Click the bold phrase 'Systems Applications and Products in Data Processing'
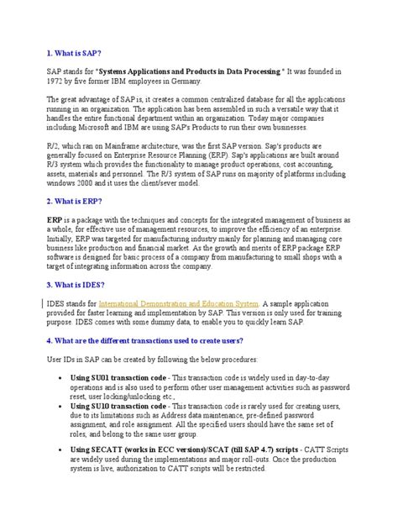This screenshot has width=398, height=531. coord(202,70)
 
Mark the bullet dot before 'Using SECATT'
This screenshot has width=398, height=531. coord(65,450)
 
